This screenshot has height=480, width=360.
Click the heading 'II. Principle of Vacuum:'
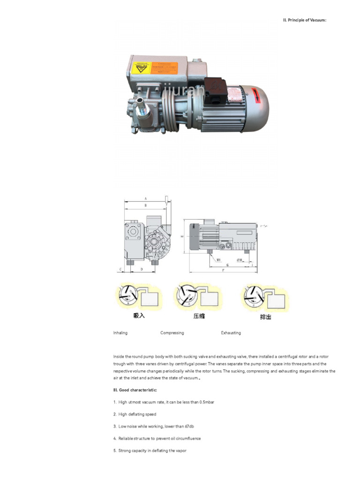tap(304, 20)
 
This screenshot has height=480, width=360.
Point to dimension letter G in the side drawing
tap(228, 265)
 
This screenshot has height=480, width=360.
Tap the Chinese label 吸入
tap(139, 316)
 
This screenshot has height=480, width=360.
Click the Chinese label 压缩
tap(199, 316)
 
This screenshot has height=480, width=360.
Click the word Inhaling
tap(120, 333)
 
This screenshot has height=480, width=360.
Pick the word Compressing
tap(172, 333)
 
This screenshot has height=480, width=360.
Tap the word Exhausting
tap(231, 333)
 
